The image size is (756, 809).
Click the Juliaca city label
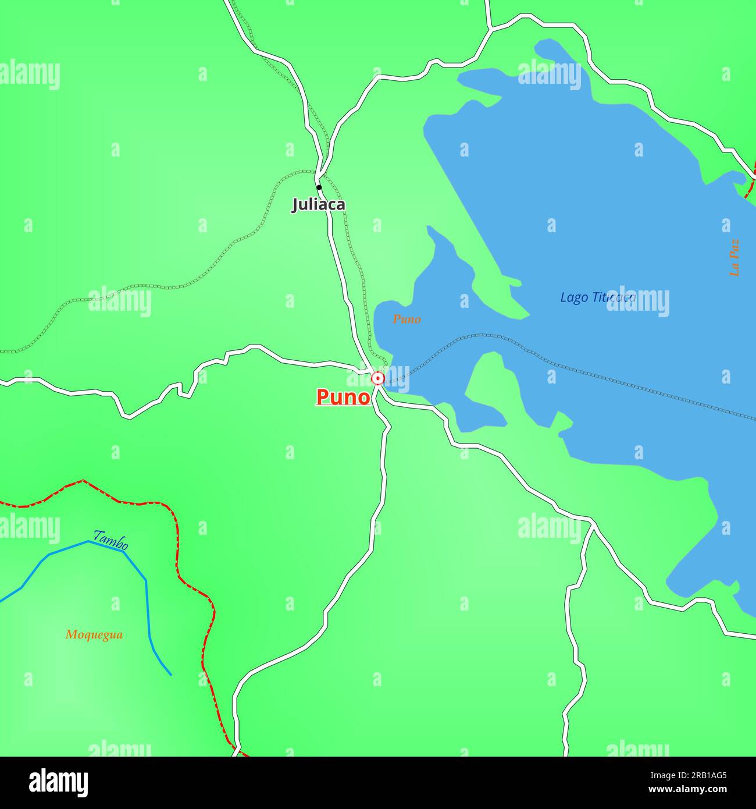tap(318, 204)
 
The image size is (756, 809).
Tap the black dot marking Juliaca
tap(319, 187)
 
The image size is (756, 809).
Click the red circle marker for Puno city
tap(378, 379)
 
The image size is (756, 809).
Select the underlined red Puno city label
tap(343, 397)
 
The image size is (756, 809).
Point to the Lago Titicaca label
tap(597, 297)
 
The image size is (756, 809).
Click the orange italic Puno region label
tap(406, 319)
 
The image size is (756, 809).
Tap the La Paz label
tap(734, 257)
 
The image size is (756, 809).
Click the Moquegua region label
tap(94, 634)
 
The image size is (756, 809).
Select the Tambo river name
tap(111, 540)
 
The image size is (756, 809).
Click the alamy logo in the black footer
tap(58, 783)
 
